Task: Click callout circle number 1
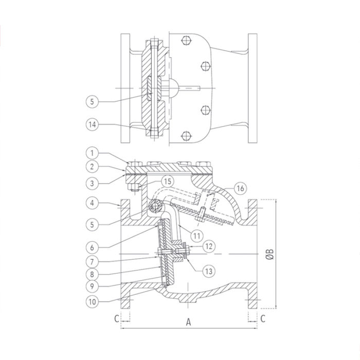tap(92, 153)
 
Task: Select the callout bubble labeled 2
tap(92, 167)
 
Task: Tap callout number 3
tap(92, 184)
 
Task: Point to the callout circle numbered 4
tap(92, 203)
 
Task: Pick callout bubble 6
tap(92, 247)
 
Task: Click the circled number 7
tap(92, 261)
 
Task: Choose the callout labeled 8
tap(92, 274)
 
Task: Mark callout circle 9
tap(92, 286)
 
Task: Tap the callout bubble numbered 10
tap(92, 302)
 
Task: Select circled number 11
tap(197, 236)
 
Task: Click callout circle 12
tap(209, 246)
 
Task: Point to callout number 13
tap(208, 272)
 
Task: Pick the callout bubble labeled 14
tap(92, 124)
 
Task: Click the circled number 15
tap(168, 182)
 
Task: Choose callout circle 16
tap(240, 189)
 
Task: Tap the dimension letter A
tap(188, 322)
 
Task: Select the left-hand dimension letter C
tap(117, 318)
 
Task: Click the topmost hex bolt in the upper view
tap(186, 41)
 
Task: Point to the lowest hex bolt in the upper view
tap(186, 136)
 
